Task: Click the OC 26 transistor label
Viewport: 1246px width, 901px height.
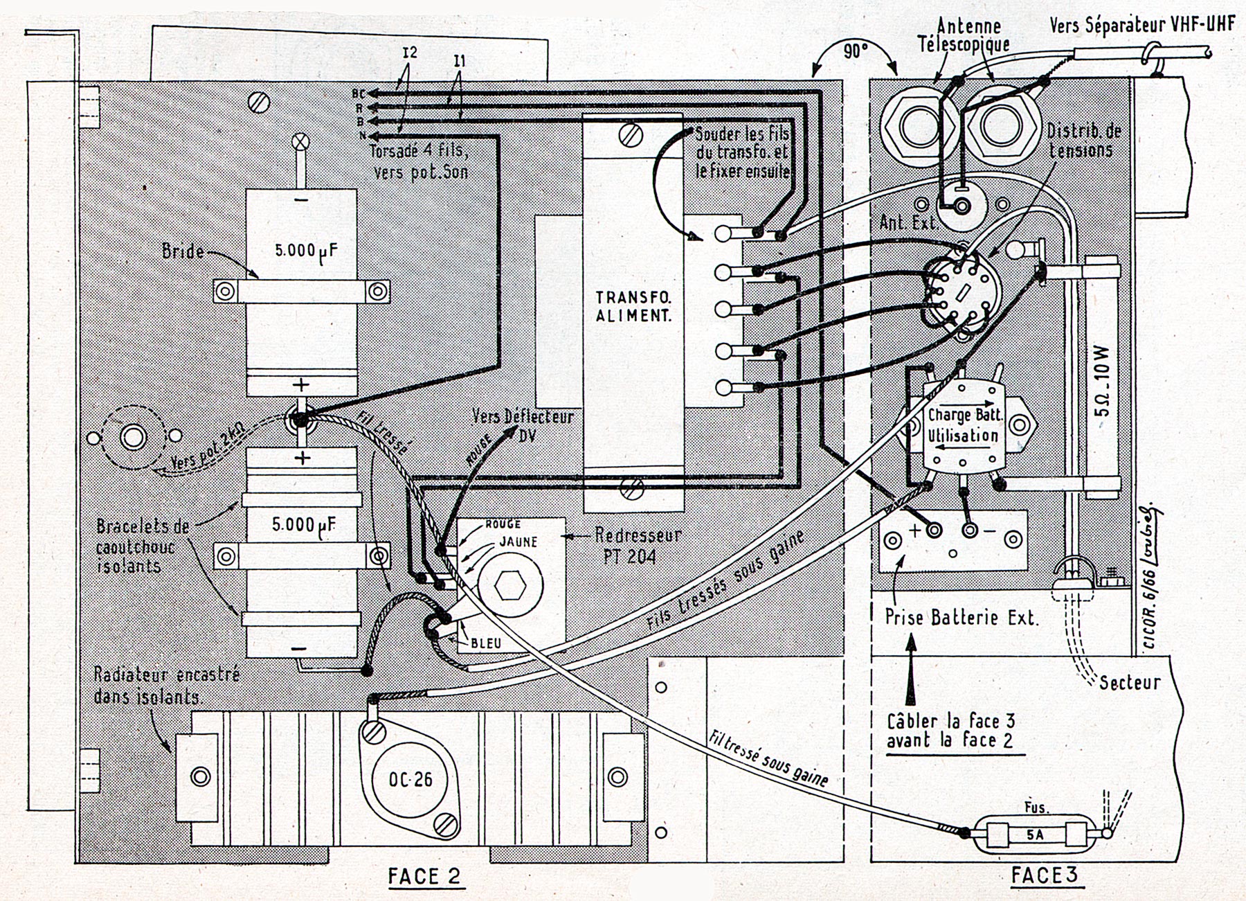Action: [410, 779]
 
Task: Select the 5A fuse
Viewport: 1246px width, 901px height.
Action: [1035, 835]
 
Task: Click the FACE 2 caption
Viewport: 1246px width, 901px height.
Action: [424, 876]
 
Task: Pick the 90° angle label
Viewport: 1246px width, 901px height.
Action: [856, 51]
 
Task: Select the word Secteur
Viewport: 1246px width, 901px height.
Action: [1129, 682]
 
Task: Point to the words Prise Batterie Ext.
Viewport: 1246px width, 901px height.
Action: [962, 617]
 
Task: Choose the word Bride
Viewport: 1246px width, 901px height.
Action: [183, 251]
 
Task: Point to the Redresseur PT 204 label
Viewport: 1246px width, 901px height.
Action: [638, 545]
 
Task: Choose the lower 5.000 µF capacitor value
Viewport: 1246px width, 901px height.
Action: [301, 524]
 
